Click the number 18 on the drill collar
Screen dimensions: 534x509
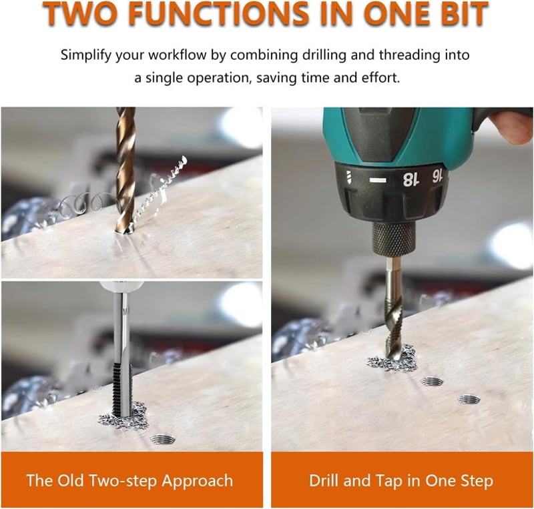point(410,179)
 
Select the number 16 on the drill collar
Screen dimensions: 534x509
point(437,176)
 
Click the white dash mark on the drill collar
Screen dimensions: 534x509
point(378,180)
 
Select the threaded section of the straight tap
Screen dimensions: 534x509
point(121,389)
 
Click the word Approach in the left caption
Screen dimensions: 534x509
point(198,482)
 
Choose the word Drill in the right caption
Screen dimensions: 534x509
point(324,481)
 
